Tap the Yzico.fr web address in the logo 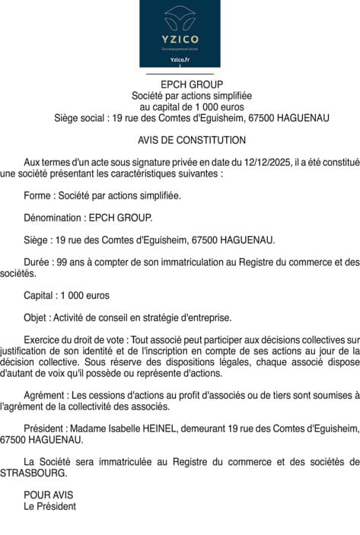(180, 59)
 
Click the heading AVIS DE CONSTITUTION (192, 140)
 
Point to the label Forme (38, 196)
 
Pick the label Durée (37, 263)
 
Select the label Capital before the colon (40, 295)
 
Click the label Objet (37, 317)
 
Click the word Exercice (44, 339)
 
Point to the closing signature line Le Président (50, 505)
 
